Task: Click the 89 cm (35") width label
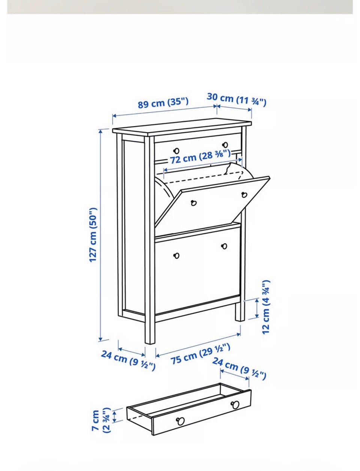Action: tap(163, 103)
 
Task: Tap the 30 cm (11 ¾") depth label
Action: tap(236, 100)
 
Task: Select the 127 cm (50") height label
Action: tap(93, 235)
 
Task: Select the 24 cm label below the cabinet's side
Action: tap(128, 360)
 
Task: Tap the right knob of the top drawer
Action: tap(225, 145)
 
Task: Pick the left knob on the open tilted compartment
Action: tap(194, 203)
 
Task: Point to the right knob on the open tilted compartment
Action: tap(244, 195)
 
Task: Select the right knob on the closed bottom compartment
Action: tap(224, 246)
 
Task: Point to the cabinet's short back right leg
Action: tap(240, 311)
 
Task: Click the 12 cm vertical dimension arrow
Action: tap(257, 308)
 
